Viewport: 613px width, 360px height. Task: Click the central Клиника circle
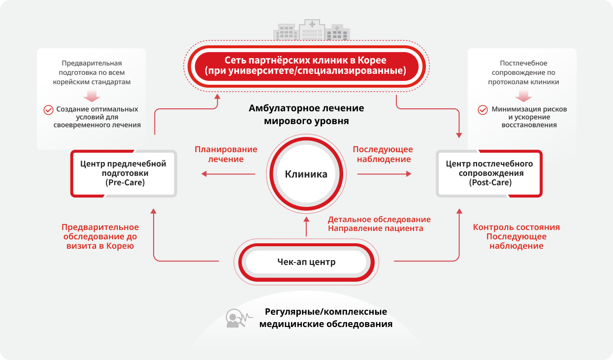point(306,174)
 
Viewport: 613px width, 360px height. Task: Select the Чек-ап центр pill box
point(306,262)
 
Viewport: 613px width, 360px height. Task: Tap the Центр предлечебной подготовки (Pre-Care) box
point(123,173)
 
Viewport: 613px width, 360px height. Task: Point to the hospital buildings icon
point(311,30)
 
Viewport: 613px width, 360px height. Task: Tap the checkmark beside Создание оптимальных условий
point(48,110)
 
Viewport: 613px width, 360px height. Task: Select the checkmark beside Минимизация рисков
point(483,110)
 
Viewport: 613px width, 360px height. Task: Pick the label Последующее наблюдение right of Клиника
point(382,154)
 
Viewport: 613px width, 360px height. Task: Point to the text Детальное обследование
point(379,220)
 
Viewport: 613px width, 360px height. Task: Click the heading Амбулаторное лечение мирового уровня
point(306,114)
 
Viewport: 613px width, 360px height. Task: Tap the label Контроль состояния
point(516,228)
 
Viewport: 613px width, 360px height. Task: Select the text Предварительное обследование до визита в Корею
point(100,236)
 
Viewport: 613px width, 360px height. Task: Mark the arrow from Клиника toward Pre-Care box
point(228,174)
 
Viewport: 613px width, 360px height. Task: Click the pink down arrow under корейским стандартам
point(92,95)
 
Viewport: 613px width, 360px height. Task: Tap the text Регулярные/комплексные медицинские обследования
point(325,318)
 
